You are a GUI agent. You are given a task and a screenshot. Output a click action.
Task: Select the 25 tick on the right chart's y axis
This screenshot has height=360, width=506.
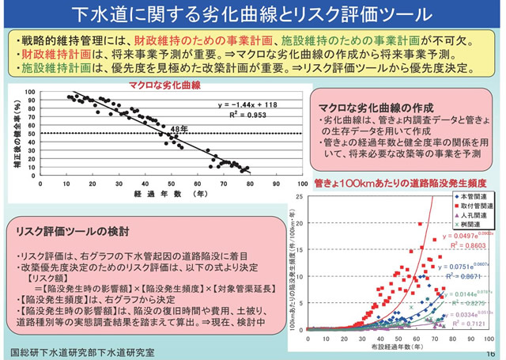point(298,195)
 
